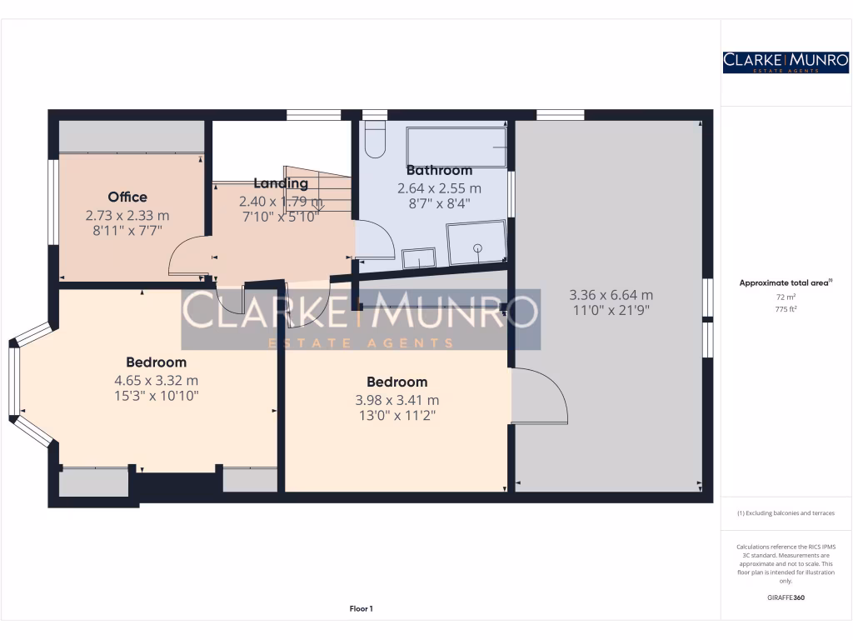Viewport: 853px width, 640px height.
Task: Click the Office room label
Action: click(x=127, y=197)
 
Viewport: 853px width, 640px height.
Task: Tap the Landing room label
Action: click(x=281, y=183)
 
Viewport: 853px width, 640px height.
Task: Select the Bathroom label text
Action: click(x=439, y=170)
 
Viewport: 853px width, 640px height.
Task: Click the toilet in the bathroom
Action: click(x=375, y=141)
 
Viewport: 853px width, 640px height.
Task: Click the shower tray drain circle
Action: click(x=478, y=247)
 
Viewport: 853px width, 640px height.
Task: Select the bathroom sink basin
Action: click(x=418, y=258)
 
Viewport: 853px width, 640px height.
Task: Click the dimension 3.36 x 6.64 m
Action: click(x=611, y=294)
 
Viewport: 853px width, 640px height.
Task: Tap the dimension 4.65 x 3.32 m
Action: click(x=157, y=380)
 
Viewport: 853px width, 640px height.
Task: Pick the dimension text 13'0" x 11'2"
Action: click(x=397, y=414)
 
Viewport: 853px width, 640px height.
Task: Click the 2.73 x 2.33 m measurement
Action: click(x=127, y=214)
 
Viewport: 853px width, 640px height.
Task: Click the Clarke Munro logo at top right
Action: click(x=786, y=62)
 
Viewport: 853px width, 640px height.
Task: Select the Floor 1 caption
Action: click(x=361, y=609)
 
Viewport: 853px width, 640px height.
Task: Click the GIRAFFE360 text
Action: click(x=786, y=597)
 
